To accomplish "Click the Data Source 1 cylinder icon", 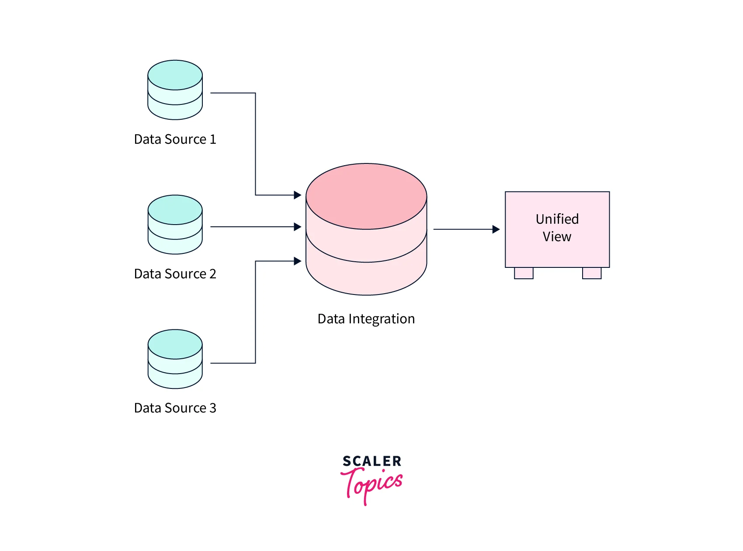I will pos(175,90).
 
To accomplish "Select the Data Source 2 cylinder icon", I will pos(175,225).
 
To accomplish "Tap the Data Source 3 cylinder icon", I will pos(175,359).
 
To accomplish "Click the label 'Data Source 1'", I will pos(175,139).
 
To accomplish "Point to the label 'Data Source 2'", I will pos(175,274).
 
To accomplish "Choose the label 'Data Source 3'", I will pos(175,408).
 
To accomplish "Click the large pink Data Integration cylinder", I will pos(366,229).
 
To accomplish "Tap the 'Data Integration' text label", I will pos(366,319).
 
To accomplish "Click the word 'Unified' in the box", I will pos(557,219).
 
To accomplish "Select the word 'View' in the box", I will pos(557,237).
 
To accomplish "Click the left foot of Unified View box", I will pos(524,273).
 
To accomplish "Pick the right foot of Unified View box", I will pos(592,273).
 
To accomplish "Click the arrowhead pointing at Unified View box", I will pos(496,229).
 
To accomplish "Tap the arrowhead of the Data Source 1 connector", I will pos(298,195).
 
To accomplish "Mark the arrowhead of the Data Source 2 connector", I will pos(298,227).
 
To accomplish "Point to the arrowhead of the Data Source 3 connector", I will pos(298,261).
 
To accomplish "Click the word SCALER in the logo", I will pos(372,461).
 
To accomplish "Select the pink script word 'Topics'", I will pos(372,484).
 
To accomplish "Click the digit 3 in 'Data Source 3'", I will pos(213,408).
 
